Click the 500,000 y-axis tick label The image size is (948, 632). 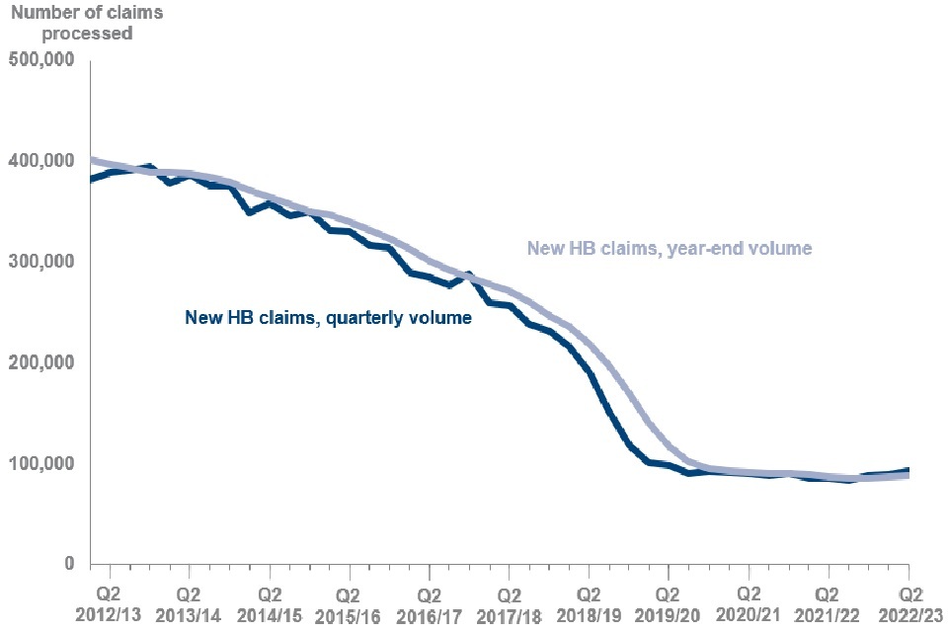(40, 61)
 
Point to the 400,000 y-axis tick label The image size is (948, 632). (40, 161)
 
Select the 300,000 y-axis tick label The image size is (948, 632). (40, 263)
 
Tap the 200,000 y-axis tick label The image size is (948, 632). (40, 363)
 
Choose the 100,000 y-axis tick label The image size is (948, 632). (40, 464)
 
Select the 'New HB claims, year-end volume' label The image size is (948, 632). (669, 249)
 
